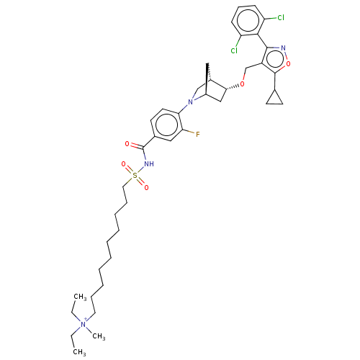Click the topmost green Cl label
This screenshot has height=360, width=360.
280,18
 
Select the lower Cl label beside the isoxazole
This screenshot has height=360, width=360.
234,51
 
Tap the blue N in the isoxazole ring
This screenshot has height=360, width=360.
284,48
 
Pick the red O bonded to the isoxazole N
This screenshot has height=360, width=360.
288,64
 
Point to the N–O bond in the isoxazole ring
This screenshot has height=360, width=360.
286,56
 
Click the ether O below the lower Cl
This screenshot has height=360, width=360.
243,84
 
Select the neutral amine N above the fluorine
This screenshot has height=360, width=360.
191,102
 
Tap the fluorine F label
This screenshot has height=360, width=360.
198,135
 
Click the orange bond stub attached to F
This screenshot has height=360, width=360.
192,132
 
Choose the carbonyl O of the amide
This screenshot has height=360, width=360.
127,144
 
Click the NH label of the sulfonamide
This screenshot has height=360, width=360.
149,164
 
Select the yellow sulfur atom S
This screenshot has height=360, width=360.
135,176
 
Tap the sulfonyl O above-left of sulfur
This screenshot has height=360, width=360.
124,165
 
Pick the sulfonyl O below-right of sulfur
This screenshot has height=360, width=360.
146,187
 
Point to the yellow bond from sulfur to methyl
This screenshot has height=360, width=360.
130,179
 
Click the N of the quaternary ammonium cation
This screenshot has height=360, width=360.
83,325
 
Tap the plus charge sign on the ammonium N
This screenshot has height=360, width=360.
88,320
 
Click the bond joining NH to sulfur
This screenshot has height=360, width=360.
142,170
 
